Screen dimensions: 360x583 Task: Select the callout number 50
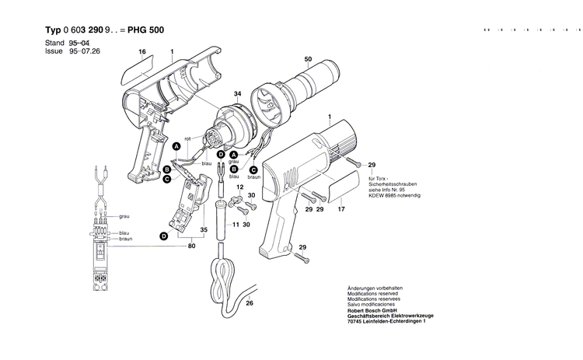(x=309, y=60)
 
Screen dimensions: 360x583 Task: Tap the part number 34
(x=237, y=94)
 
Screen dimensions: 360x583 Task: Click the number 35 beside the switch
(x=204, y=230)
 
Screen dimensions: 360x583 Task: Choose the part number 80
(x=191, y=247)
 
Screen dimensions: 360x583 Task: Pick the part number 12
(x=240, y=189)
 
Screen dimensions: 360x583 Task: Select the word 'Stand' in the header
(x=54, y=42)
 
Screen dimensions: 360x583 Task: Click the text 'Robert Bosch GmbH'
(x=374, y=310)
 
